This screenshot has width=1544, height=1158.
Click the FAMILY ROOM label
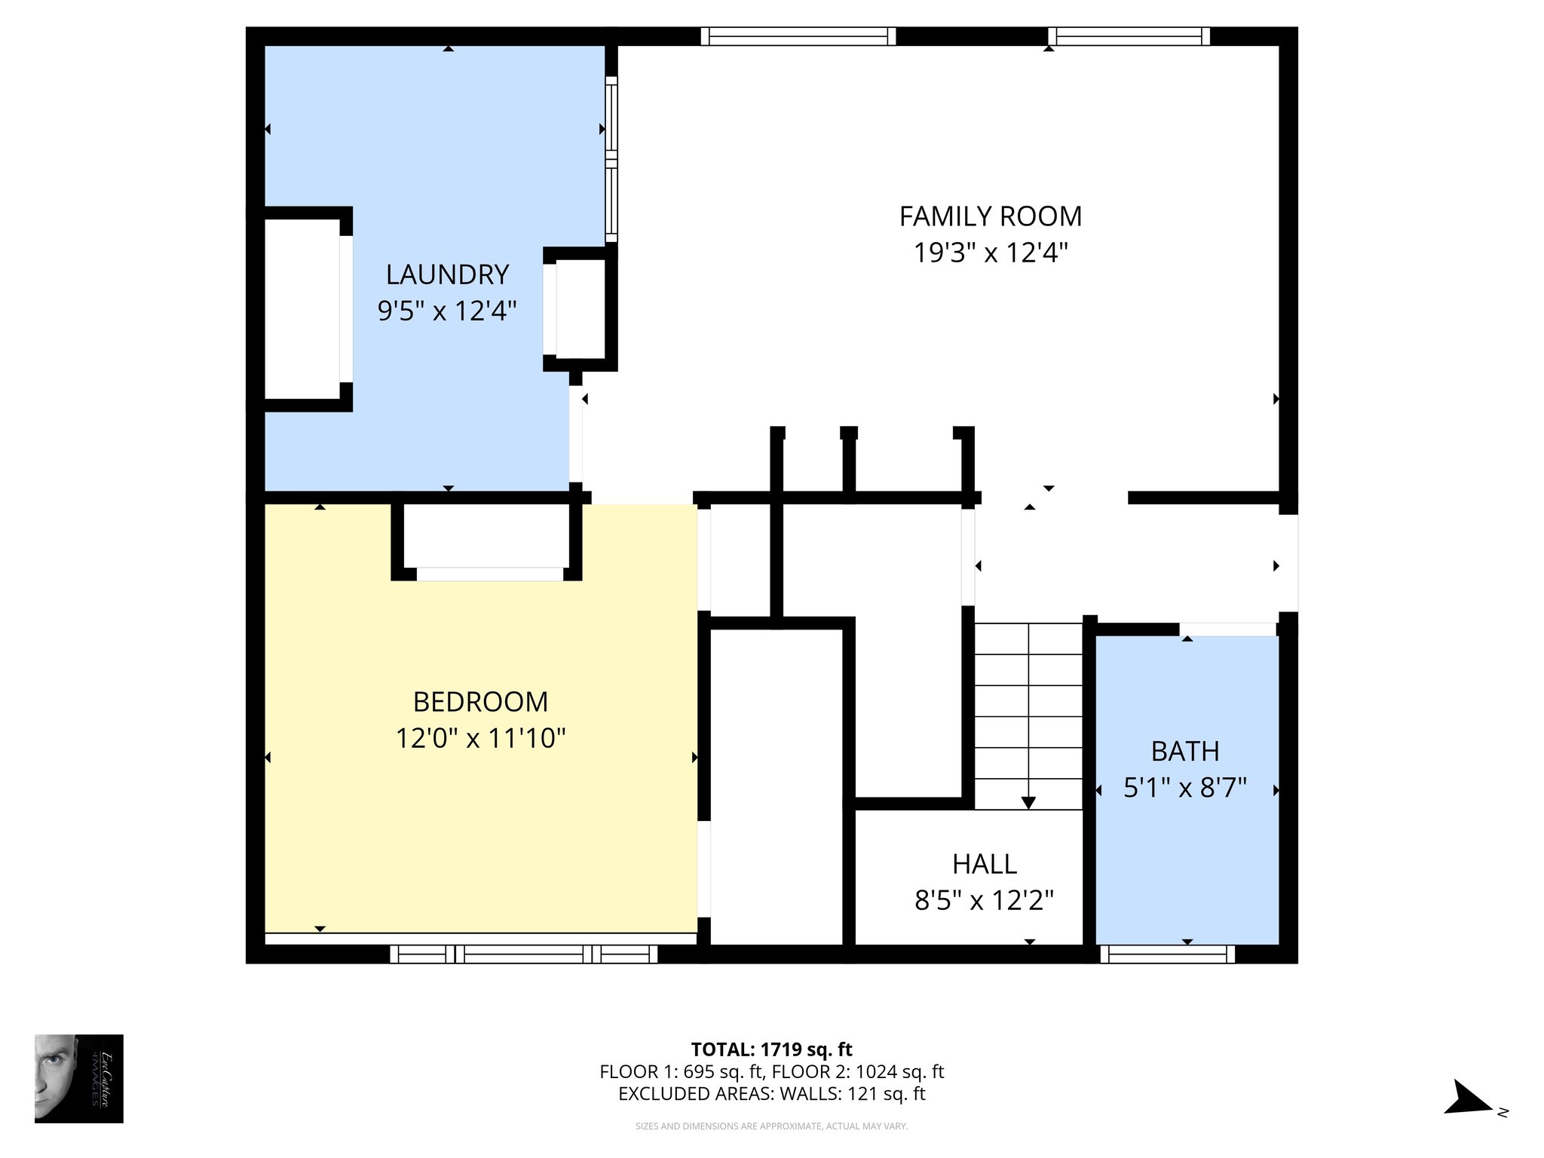[990, 217]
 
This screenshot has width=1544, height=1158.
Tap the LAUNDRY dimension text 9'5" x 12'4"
[447, 311]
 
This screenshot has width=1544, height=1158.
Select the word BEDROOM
[480, 702]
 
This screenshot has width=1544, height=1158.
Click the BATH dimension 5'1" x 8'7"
[1185, 788]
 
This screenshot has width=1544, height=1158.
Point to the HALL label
[984, 864]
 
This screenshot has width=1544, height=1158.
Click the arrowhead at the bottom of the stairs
[1028, 803]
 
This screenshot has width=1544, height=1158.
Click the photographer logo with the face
[78, 1078]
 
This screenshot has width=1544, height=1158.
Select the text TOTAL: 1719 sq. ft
[771, 1049]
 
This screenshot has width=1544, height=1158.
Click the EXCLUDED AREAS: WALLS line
[771, 1094]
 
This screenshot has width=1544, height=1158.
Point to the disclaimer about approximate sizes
[771, 1126]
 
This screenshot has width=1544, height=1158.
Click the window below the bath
[1167, 955]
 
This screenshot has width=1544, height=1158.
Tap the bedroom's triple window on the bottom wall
[523, 955]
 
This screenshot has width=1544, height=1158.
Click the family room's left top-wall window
[798, 36]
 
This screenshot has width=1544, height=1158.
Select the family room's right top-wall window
[1129, 36]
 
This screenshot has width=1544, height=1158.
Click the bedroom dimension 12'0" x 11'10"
[480, 738]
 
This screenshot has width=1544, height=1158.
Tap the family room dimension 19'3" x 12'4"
[990, 253]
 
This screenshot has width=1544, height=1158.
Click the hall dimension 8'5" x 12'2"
[984, 900]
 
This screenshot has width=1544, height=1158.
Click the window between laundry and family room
[611, 159]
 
